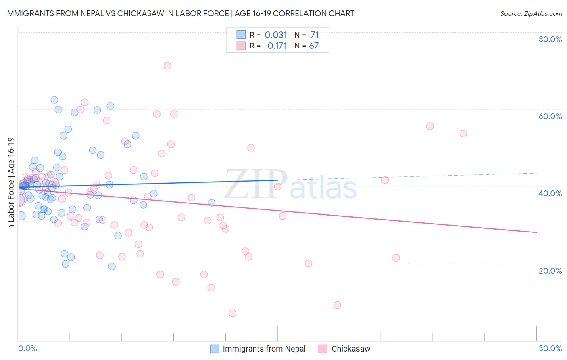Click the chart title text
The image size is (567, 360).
click(180, 13)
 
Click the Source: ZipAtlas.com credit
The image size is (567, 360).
click(531, 13)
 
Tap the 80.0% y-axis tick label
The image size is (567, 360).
click(550, 39)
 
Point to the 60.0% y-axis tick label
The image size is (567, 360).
click(550, 116)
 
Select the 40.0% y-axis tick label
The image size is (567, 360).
click(550, 193)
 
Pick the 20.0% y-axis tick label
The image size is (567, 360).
click(550, 271)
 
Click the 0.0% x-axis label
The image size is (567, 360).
click(27, 348)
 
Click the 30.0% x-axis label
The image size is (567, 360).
click(550, 348)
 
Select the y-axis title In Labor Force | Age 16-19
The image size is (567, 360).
click(11, 184)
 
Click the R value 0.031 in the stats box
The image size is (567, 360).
click(276, 35)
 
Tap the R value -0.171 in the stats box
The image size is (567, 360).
click(275, 46)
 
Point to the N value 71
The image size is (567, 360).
click(315, 35)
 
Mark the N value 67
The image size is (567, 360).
click(314, 46)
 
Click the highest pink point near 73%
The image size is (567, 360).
click(167, 65)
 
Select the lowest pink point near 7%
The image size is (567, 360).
click(232, 313)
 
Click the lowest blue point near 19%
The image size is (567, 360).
click(112, 266)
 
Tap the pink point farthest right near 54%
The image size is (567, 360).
click(463, 134)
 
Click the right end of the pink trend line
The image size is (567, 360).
click(536, 232)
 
